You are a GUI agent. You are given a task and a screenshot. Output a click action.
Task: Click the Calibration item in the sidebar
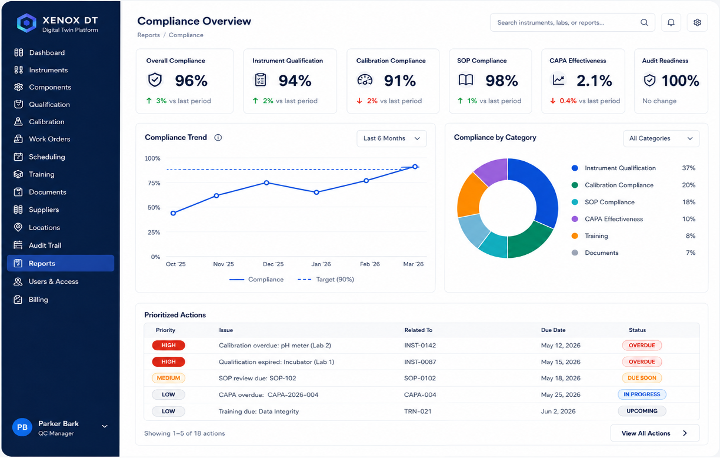tap(39, 122)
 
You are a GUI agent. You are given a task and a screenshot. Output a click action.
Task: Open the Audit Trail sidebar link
tap(37, 245)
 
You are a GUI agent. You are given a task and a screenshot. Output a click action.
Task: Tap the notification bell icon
tap(671, 22)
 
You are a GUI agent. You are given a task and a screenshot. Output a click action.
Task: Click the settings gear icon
tap(697, 22)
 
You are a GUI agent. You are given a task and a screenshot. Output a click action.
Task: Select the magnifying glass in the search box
tap(644, 22)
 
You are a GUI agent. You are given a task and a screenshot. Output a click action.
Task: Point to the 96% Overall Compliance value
tap(191, 81)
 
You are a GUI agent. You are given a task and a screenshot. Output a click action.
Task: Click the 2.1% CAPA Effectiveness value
tap(594, 81)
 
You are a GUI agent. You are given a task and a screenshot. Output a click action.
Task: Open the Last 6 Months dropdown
tap(392, 138)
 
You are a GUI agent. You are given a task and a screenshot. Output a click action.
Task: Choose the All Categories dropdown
tap(661, 138)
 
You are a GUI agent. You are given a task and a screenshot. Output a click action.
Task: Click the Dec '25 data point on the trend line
tap(266, 182)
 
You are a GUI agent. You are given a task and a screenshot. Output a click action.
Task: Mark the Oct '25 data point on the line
tap(174, 213)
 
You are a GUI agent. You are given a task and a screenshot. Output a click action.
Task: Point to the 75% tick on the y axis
tap(154, 183)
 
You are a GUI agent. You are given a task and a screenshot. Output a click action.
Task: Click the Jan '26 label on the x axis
tap(321, 264)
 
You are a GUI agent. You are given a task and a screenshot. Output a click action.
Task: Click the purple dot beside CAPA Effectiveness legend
tap(575, 219)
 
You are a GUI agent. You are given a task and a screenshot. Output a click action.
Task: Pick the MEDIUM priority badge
tap(168, 378)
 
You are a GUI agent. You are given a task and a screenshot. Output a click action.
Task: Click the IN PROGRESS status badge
tap(642, 394)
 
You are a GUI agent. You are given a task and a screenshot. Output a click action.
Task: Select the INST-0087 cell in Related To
tap(420, 362)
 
